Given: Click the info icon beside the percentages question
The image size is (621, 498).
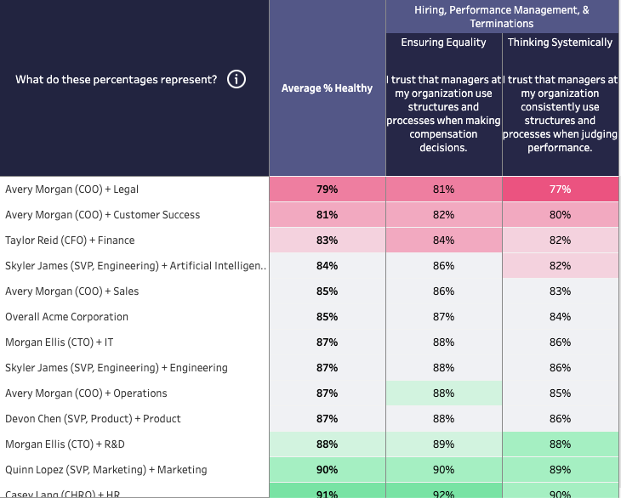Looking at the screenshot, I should (x=236, y=80).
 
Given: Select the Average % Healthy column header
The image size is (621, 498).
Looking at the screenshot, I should (x=327, y=88).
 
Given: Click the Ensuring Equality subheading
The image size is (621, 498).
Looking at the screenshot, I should (x=443, y=42).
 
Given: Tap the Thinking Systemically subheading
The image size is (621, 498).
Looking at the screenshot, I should (x=560, y=42).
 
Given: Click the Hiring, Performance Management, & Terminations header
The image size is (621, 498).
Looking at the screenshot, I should (x=501, y=16).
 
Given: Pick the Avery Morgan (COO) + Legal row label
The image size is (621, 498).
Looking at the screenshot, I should (x=66, y=190).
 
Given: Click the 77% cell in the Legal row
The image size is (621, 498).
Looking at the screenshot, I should (x=560, y=190).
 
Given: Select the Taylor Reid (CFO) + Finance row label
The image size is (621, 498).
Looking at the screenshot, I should (x=70, y=241).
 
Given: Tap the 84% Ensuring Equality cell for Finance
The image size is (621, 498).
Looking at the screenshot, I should (x=443, y=241).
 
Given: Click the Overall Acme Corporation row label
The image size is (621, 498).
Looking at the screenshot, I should (x=66, y=317).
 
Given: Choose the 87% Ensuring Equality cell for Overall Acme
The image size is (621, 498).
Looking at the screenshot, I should (x=443, y=317).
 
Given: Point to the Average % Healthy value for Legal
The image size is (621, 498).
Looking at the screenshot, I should (x=327, y=190).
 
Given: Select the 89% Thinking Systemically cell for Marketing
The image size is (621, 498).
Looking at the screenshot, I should (x=560, y=470).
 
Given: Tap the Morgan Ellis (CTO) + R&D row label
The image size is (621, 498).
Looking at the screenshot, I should (x=66, y=444).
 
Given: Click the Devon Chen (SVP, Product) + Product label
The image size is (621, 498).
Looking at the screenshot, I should (x=93, y=419).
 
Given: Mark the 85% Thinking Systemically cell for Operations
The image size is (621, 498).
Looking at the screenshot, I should (x=560, y=393).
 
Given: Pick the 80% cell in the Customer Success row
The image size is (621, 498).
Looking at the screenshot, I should (x=560, y=215).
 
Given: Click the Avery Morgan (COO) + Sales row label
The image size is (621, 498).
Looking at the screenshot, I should (x=71, y=291).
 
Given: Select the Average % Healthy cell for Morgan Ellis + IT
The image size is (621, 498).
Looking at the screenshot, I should (x=327, y=342).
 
